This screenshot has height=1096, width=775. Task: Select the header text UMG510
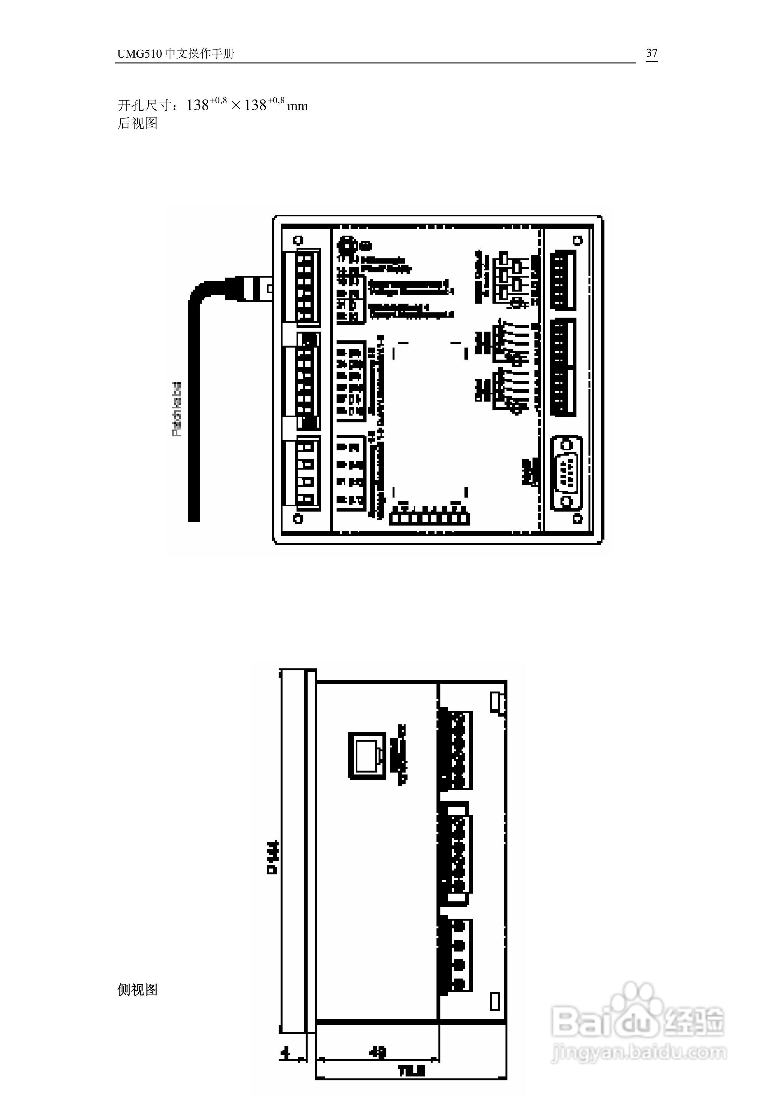point(139,54)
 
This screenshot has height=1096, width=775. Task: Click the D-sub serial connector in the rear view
point(567,473)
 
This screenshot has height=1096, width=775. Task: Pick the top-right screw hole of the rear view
point(577,240)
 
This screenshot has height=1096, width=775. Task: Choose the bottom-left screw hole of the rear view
point(298,518)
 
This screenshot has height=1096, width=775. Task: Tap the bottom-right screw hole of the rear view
point(577,518)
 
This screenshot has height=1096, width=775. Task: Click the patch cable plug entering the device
point(248,289)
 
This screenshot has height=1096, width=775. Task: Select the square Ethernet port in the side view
point(367,756)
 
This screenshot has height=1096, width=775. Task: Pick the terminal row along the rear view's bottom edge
point(429,518)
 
